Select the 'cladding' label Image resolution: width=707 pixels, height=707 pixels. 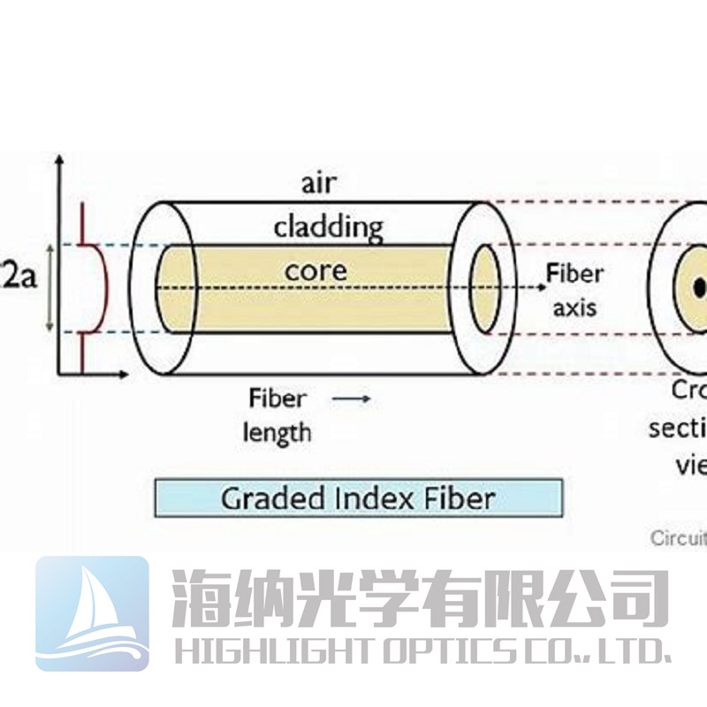pos(328,228)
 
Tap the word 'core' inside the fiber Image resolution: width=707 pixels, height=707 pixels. pos(315,270)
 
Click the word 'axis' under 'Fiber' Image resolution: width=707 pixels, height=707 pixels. pos(574,307)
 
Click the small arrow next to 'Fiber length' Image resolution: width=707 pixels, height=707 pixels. pos(352,399)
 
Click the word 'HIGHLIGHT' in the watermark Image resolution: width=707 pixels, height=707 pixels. pos(270,652)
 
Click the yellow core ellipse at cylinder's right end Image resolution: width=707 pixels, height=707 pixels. pos(484,287)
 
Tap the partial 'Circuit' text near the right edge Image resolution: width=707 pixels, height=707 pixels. pos(679,536)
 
